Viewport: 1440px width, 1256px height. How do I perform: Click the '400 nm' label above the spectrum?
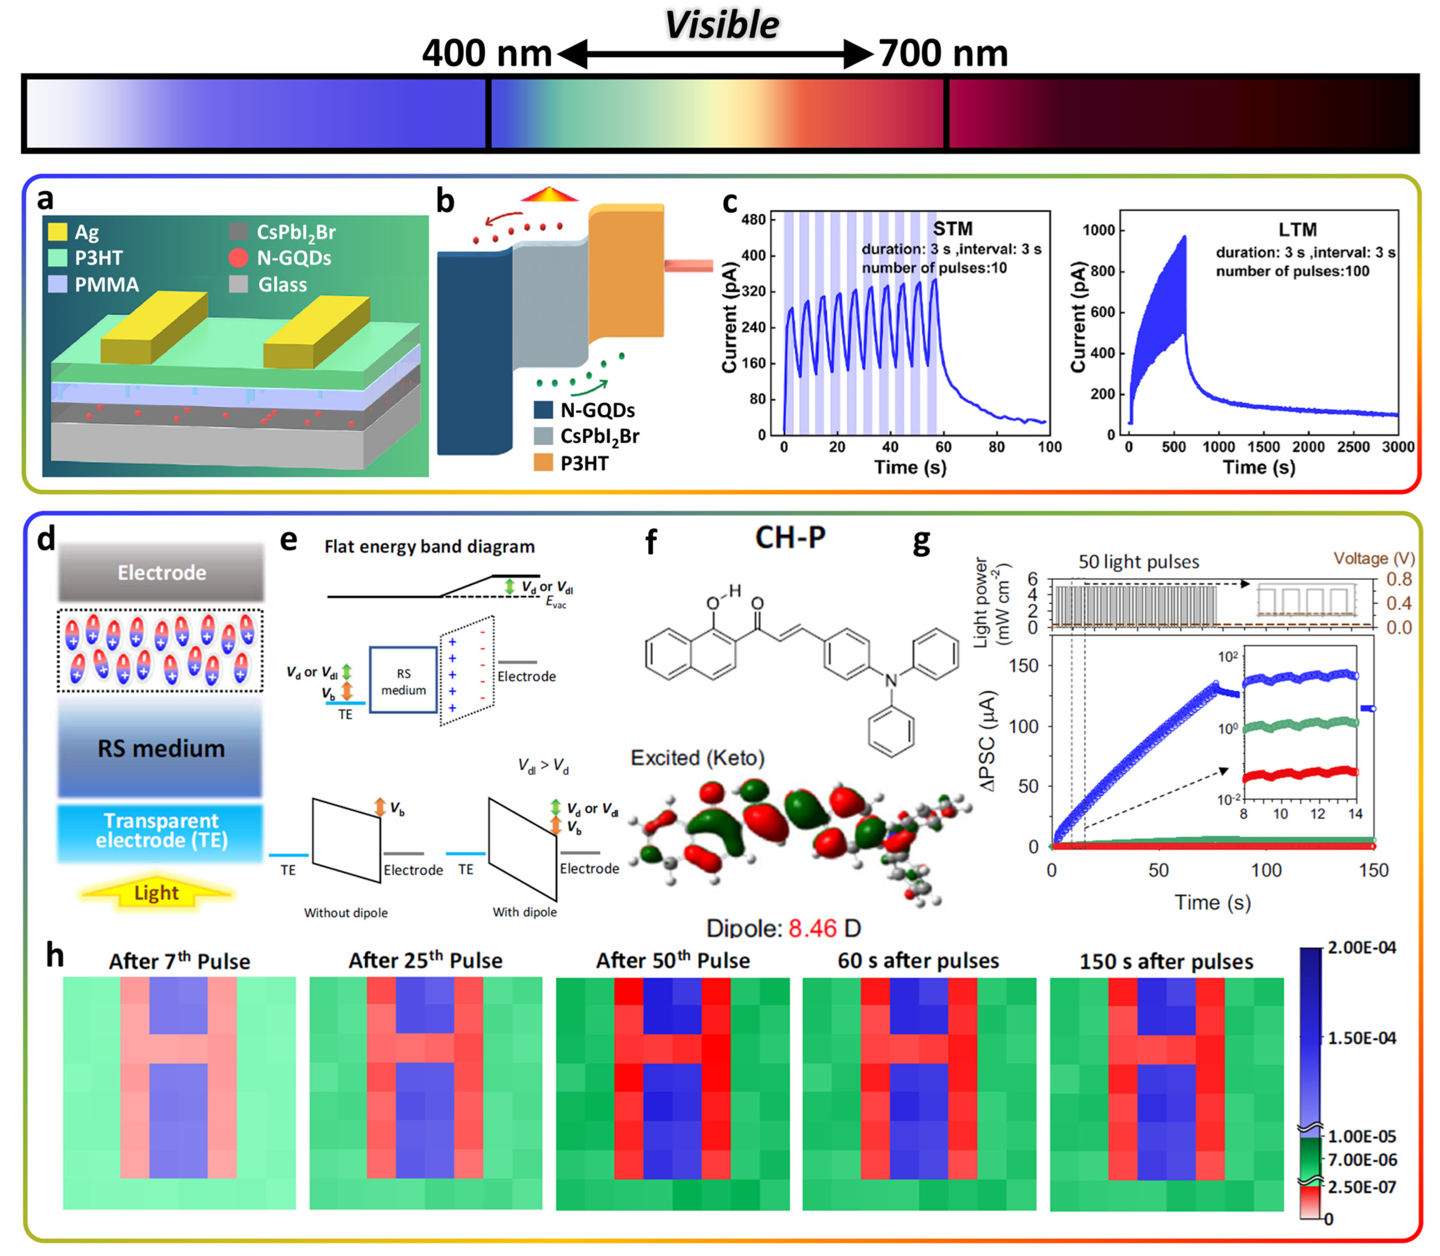click(x=486, y=53)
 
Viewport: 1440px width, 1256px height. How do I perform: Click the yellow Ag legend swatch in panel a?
click(x=57, y=231)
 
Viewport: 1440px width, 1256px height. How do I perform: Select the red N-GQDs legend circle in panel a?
click(x=238, y=258)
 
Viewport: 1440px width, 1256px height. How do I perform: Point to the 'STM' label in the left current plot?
click(x=952, y=229)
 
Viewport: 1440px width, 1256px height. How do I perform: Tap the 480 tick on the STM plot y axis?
click(x=753, y=220)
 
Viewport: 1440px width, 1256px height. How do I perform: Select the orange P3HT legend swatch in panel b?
click(x=543, y=462)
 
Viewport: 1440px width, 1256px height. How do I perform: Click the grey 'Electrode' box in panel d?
click(x=161, y=573)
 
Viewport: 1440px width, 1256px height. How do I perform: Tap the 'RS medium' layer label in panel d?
click(x=161, y=748)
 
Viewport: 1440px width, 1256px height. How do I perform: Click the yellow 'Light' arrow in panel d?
click(x=156, y=893)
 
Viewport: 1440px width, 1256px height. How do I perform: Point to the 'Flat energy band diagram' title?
click(x=429, y=547)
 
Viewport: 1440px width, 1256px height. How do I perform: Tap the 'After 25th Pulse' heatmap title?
click(x=425, y=960)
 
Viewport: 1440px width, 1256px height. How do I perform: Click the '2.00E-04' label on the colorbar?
click(x=1361, y=947)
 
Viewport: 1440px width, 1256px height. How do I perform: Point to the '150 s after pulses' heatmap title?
click(x=1166, y=961)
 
